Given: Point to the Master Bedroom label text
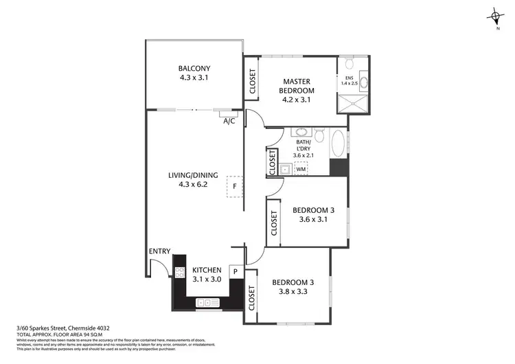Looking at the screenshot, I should click(x=297, y=86).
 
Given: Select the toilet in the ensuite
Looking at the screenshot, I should click(x=350, y=64).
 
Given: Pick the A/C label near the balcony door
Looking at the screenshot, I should click(x=229, y=121).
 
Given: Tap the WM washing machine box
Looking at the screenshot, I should click(x=301, y=168).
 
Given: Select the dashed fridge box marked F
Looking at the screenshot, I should click(x=234, y=185).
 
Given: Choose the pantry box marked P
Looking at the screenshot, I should click(x=235, y=272).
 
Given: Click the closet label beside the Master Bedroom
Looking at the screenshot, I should click(x=252, y=81).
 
